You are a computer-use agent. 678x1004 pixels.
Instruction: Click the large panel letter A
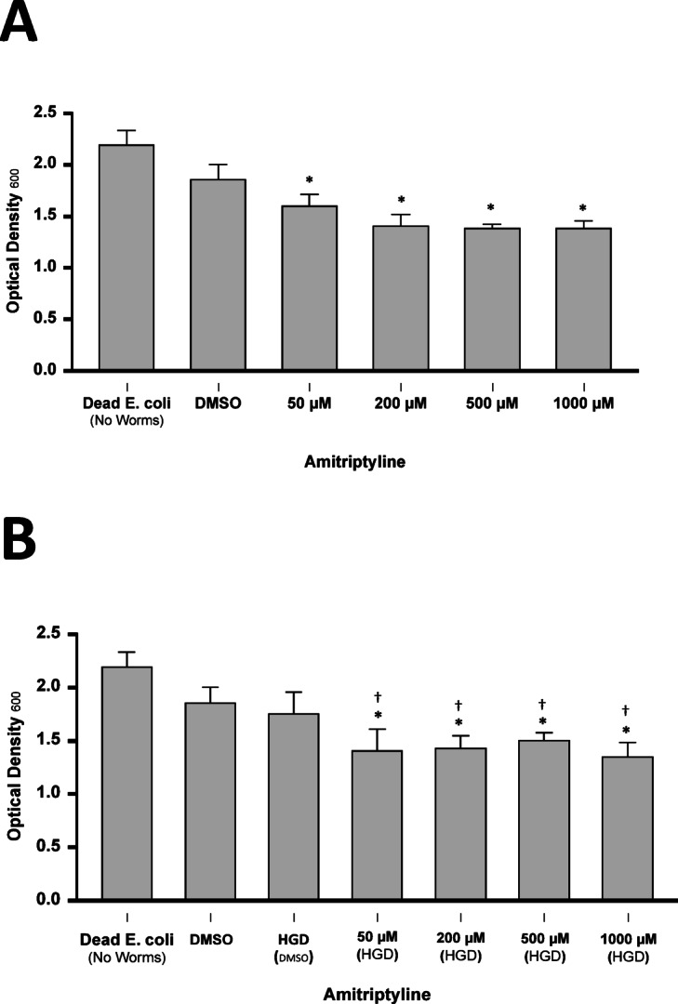20,21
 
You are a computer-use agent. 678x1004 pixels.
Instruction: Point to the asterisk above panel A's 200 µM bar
401,199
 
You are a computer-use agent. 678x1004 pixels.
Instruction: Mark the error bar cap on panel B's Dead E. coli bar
126,652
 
